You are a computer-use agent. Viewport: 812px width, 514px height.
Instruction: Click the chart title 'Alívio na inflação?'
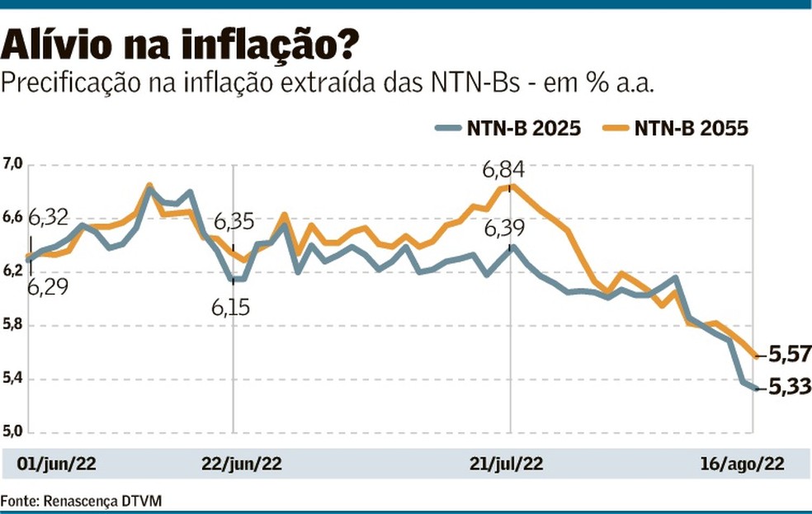[x=181, y=46]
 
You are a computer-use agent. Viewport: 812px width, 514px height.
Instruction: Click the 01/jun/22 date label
[x=57, y=464]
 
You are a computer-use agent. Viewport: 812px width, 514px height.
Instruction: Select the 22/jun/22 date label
[x=242, y=464]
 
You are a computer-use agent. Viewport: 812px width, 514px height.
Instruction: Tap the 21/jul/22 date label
[x=517, y=464]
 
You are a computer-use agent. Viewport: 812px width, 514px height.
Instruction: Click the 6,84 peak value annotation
[x=504, y=171]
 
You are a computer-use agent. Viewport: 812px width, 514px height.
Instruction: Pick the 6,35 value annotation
[x=236, y=224]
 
